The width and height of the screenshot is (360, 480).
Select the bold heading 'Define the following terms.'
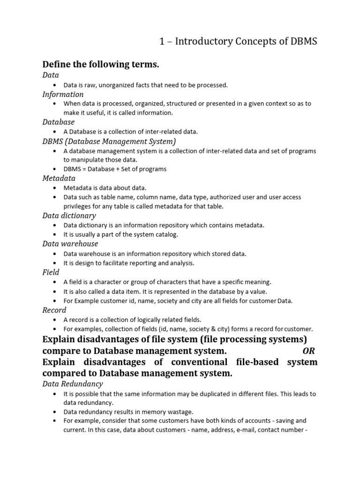click(x=101, y=64)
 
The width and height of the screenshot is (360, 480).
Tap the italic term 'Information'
click(x=63, y=94)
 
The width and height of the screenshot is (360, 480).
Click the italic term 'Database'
click(x=59, y=122)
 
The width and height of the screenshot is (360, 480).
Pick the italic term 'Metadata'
click(x=59, y=178)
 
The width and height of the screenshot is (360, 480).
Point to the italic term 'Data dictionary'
click(x=69, y=216)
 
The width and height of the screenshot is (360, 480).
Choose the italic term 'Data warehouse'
click(x=70, y=244)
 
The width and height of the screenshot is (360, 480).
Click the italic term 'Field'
click(x=51, y=272)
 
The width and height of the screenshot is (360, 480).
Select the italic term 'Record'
click(x=54, y=310)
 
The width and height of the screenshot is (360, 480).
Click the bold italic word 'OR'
click(x=309, y=351)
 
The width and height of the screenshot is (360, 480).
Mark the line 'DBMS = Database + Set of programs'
click(x=115, y=169)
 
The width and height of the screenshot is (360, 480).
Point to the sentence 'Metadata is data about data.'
click(x=105, y=187)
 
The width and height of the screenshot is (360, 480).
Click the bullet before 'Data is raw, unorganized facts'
click(x=55, y=85)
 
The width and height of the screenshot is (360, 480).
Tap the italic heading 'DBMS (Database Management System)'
click(x=109, y=141)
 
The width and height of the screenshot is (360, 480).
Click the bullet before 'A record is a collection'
click(x=55, y=319)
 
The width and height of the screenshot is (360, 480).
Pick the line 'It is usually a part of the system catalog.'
click(x=121, y=234)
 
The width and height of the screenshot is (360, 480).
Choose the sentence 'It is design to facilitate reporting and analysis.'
click(x=129, y=263)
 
